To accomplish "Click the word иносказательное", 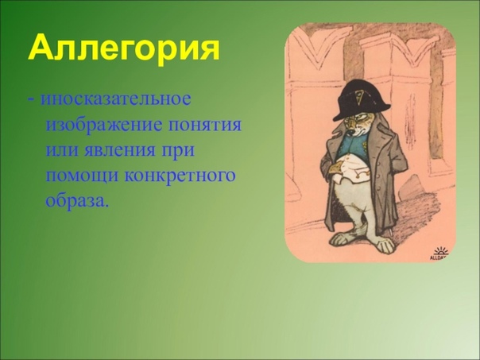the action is point(116,99).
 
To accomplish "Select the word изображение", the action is point(103,125).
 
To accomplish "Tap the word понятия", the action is point(204,126).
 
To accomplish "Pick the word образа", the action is point(77,200).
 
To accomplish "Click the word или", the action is point(62,151).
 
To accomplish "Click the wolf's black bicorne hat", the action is point(362,100).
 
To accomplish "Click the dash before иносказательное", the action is point(31,101).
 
